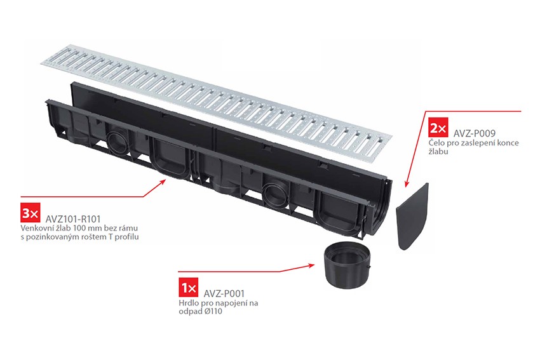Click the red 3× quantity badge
click(x=30, y=213)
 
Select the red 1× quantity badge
click(x=189, y=287)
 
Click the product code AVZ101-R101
click(x=73, y=219)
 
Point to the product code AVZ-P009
click(x=474, y=133)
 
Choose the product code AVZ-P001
click(x=224, y=293)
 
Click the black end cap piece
click(x=412, y=217)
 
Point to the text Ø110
click(x=213, y=312)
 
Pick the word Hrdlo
click(x=187, y=303)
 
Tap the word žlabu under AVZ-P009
click(x=438, y=152)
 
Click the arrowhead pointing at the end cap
click(x=407, y=183)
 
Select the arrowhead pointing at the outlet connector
click(x=311, y=265)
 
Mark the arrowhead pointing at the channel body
click(x=163, y=182)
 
